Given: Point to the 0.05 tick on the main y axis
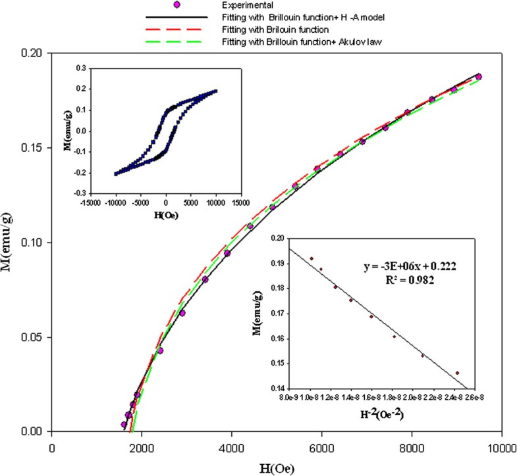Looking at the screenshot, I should (x=33, y=337).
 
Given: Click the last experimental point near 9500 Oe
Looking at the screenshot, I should (x=479, y=77).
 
